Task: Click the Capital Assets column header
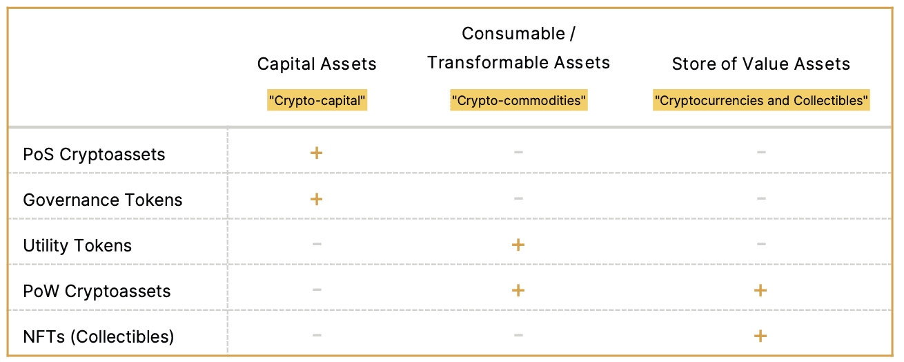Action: [317, 64]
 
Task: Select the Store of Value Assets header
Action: [760, 64]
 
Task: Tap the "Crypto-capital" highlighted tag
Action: [317, 100]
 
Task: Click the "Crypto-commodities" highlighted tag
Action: [518, 100]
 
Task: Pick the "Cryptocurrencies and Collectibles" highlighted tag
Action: [761, 100]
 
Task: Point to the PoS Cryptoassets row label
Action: [94, 154]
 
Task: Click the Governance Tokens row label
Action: [103, 200]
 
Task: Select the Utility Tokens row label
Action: [77, 246]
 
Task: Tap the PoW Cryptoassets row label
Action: [97, 292]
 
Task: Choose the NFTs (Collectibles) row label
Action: [99, 337]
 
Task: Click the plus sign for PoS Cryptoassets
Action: [316, 153]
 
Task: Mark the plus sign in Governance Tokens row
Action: [316, 199]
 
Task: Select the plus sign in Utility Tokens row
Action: [518, 245]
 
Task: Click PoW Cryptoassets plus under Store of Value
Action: [760, 290]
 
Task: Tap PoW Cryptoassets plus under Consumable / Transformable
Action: [518, 290]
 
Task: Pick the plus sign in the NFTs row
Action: [760, 336]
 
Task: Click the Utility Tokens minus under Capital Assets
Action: [317, 244]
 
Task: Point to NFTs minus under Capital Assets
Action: [317, 335]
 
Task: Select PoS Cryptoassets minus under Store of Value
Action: [761, 152]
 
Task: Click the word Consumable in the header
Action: [513, 34]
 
